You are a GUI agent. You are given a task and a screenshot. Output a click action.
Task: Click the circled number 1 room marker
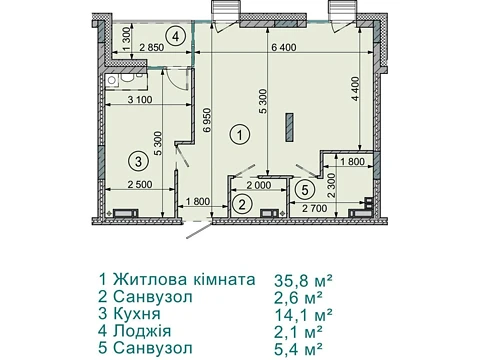(x=240, y=135)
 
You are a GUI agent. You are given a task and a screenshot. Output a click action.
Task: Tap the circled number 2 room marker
(x=242, y=204)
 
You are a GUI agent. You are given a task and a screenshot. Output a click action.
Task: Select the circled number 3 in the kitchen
(x=138, y=161)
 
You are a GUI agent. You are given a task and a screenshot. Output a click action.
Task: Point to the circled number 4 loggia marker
(x=176, y=36)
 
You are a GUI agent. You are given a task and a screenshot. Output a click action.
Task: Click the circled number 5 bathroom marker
(x=305, y=190)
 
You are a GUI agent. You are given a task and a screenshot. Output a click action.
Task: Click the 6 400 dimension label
(x=283, y=47)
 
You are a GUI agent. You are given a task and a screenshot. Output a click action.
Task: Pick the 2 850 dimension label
(x=152, y=47)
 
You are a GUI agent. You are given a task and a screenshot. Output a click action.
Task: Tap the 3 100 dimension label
(x=140, y=99)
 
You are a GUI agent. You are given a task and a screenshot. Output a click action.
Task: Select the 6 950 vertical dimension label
(x=207, y=121)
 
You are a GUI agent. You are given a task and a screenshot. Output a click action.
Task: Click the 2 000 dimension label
(x=259, y=185)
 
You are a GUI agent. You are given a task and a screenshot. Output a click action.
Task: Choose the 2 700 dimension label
(x=315, y=209)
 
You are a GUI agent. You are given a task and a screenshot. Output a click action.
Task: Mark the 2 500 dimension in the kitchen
(x=140, y=184)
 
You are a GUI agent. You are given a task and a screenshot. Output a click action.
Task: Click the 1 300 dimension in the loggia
(x=127, y=38)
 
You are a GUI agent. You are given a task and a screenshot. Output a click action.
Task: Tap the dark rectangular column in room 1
(x=290, y=128)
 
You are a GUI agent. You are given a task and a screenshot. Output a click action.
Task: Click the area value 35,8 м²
(x=303, y=281)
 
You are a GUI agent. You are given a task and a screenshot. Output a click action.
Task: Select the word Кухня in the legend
(x=137, y=314)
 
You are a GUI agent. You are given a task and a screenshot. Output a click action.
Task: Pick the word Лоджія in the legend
(x=142, y=331)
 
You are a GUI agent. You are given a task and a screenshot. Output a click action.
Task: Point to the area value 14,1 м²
(x=303, y=314)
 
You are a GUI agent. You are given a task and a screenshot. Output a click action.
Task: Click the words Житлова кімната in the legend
(x=184, y=279)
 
